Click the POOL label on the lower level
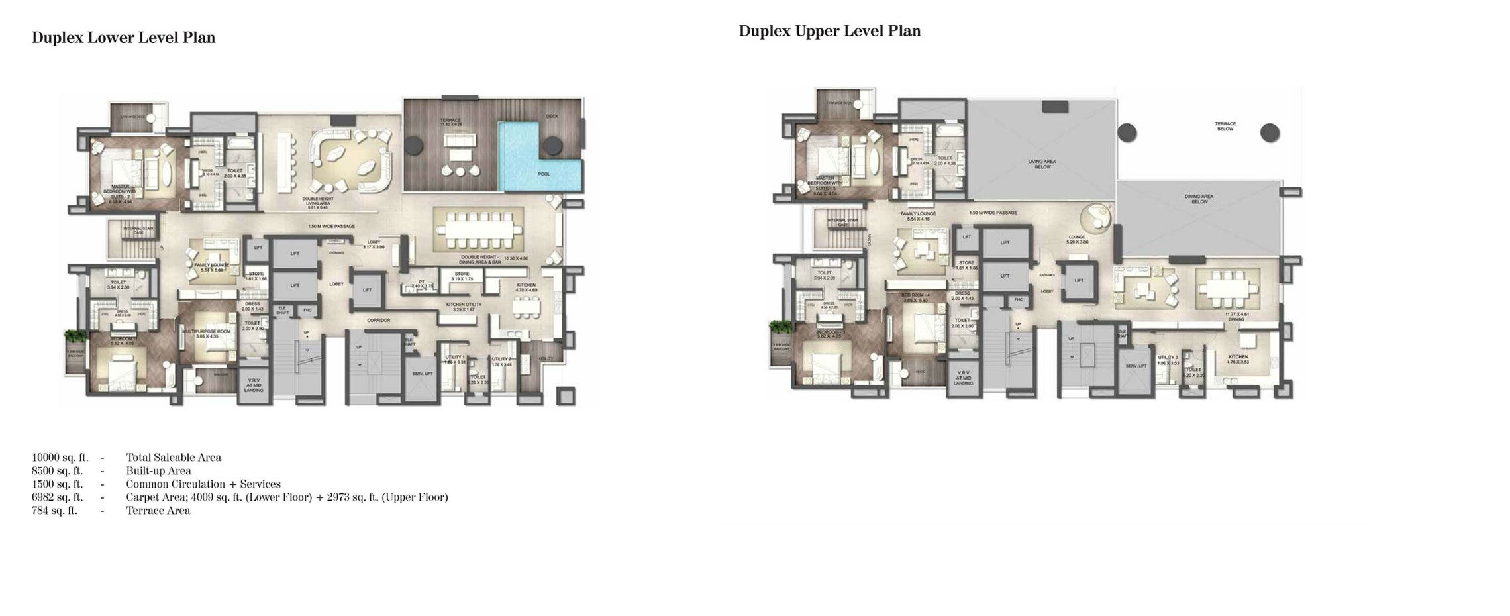tap(544, 174)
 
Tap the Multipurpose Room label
tap(207, 333)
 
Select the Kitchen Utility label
tap(464, 307)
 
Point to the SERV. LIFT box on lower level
tap(417, 374)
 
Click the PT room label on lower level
tap(421, 283)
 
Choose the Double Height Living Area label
tap(318, 202)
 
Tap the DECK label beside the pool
tap(552, 117)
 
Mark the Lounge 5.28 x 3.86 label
tap(1077, 239)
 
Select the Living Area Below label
tap(1042, 164)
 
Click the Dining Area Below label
tap(1199, 199)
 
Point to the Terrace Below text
tap(1225, 126)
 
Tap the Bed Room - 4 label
tap(915, 297)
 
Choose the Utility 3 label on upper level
tap(1168, 360)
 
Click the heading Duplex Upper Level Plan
tap(829, 31)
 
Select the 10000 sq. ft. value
tap(60, 457)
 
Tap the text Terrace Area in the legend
tap(158, 510)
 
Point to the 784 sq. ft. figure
tap(54, 510)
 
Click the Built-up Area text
tap(158, 470)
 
